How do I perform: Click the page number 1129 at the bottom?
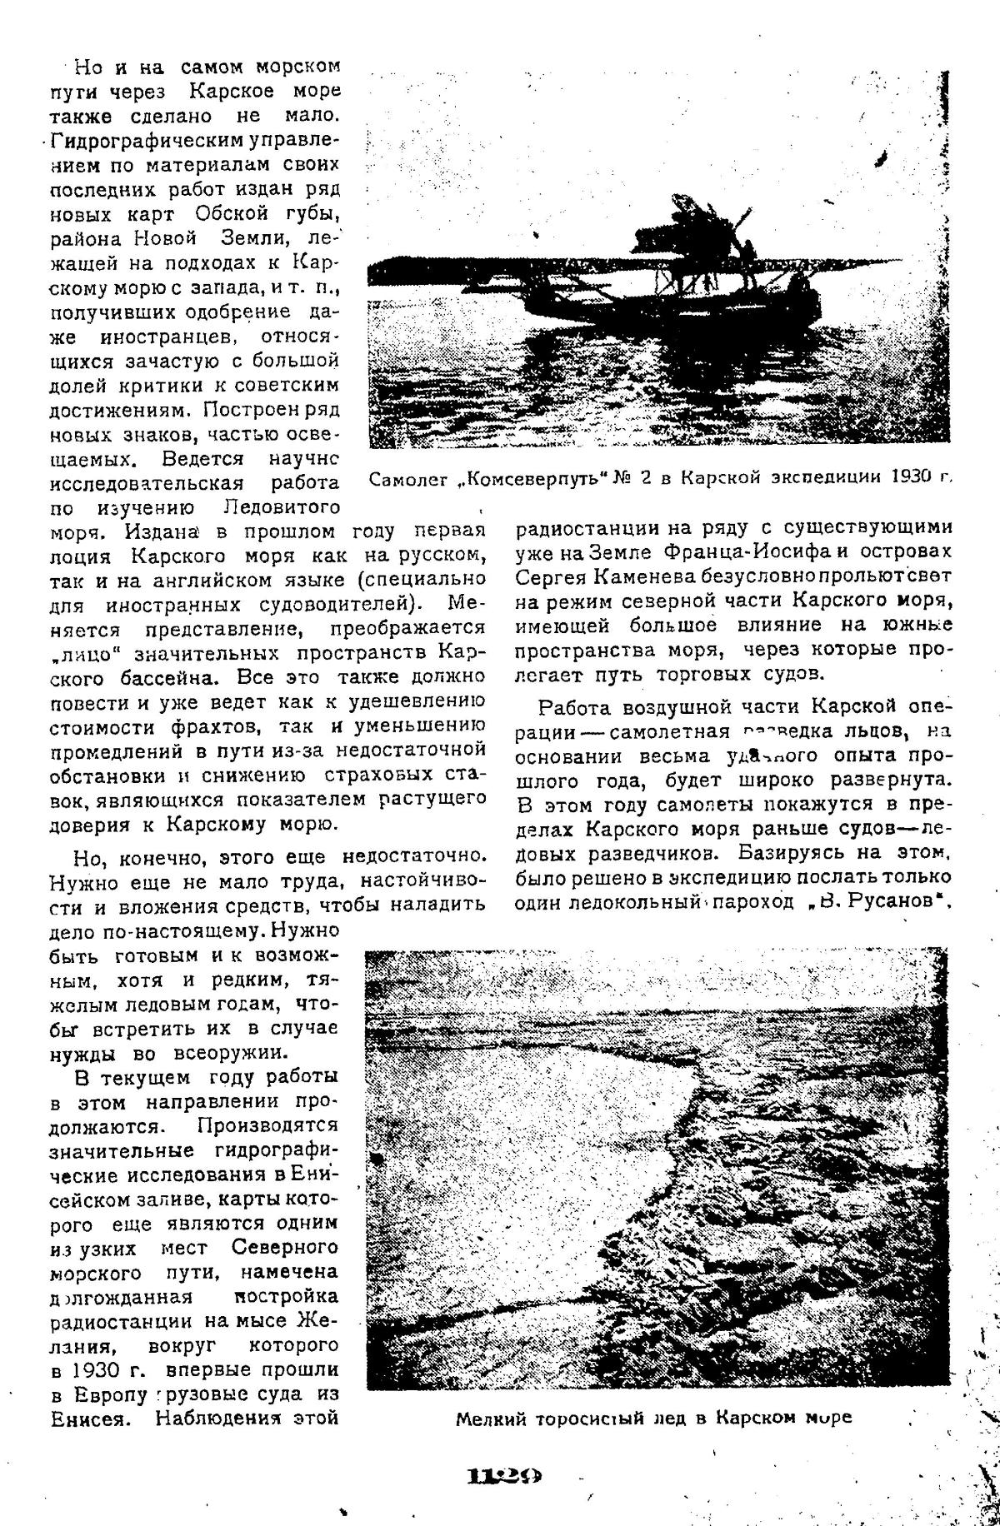505,1452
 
